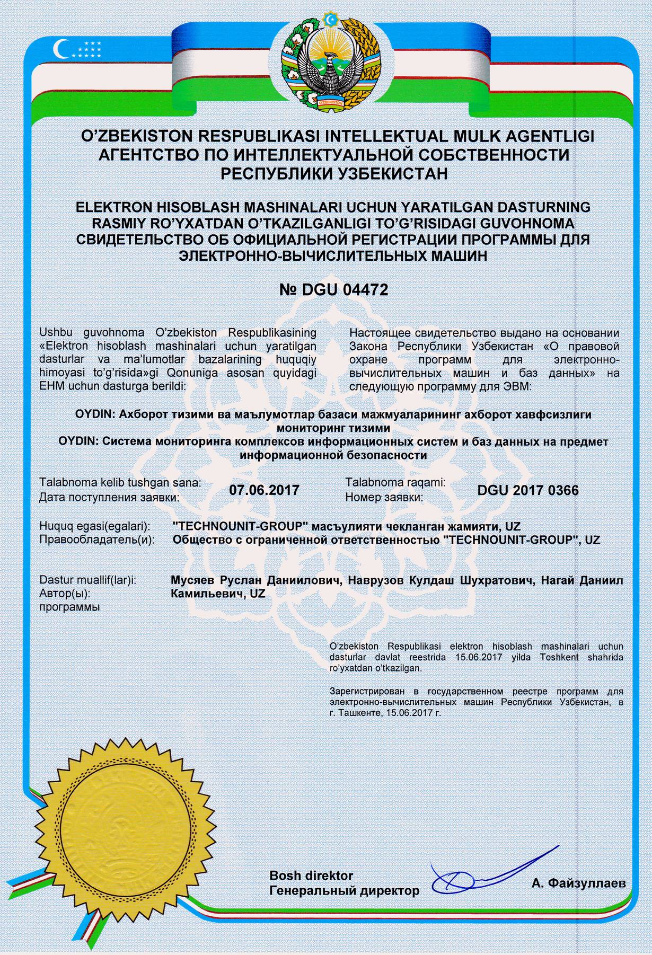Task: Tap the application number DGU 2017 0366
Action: tap(527, 489)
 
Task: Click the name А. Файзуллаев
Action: tap(578, 883)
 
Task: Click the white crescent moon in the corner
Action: tap(62, 50)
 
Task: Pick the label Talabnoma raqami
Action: tap(395, 483)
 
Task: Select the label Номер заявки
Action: tap(384, 497)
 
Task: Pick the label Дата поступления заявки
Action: tap(109, 497)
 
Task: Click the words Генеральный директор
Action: tap(344, 890)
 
